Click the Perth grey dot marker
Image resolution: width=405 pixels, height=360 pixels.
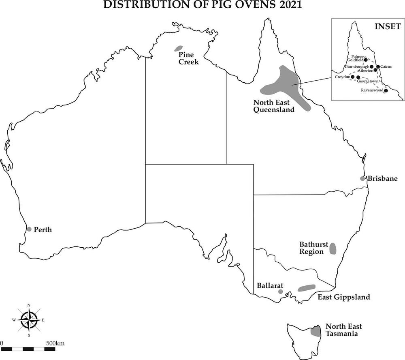29,229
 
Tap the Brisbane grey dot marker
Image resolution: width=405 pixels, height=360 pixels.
362,178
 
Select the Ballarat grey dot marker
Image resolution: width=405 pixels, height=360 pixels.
280,291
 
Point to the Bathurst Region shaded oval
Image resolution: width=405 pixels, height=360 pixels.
333,249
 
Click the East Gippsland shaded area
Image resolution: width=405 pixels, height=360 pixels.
307,288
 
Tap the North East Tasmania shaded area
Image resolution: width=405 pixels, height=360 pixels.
315,330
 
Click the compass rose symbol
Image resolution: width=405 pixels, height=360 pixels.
29,319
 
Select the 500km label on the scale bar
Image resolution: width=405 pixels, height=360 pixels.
55,343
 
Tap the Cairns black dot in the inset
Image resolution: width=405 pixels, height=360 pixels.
378,66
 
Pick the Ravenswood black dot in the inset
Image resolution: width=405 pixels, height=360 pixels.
386,90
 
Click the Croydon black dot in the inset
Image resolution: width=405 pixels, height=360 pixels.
352,77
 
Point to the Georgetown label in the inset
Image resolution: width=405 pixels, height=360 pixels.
368,81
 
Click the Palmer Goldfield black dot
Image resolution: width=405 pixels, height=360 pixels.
366,60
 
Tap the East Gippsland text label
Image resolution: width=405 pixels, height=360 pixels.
343,297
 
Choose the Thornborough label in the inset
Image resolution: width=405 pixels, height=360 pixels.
357,66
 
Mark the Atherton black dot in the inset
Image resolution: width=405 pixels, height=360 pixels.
375,70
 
